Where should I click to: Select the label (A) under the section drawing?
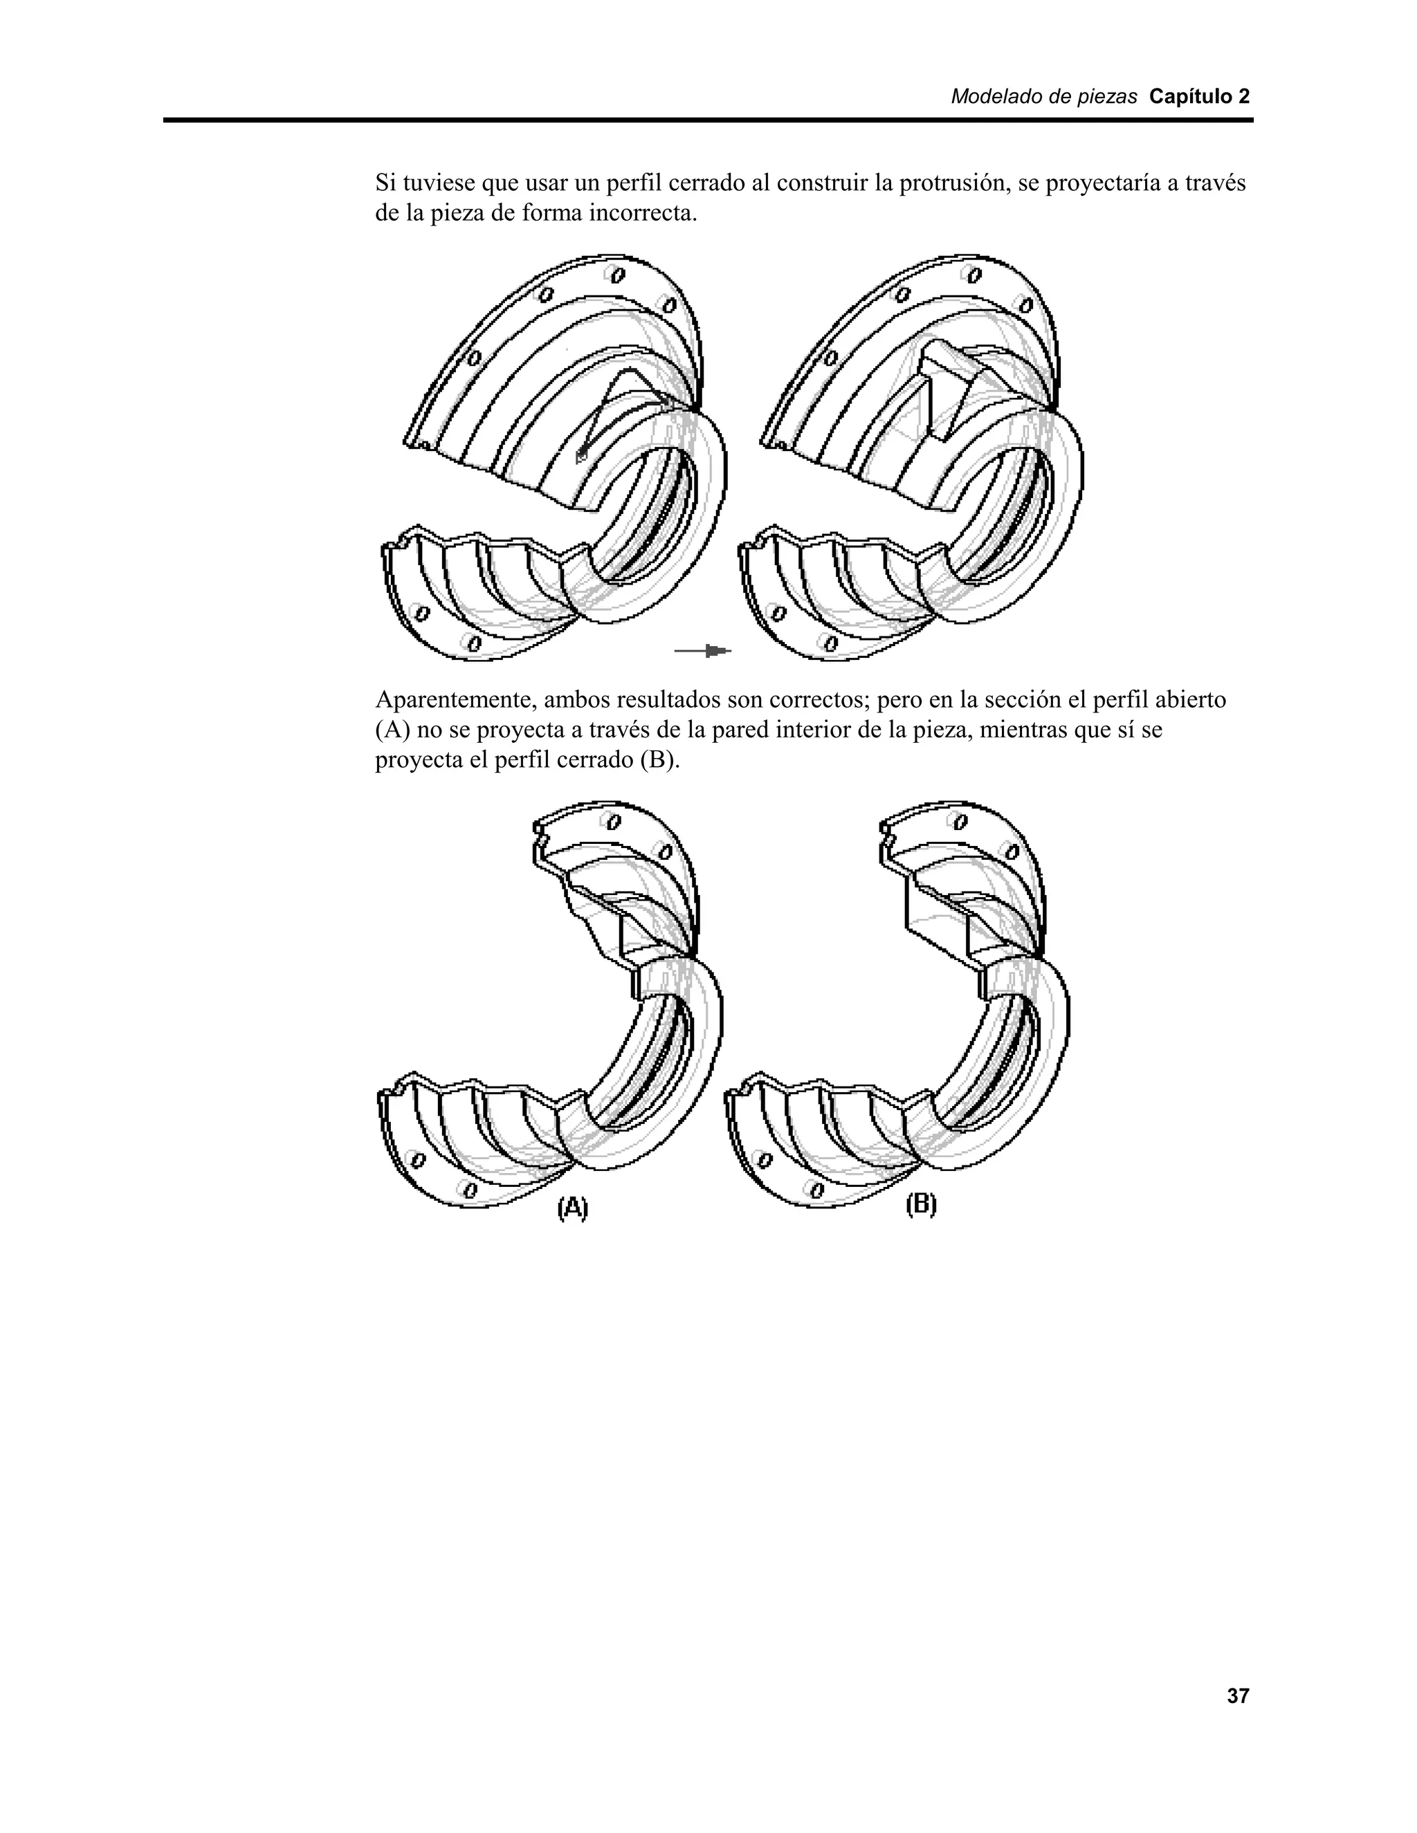[x=572, y=1208]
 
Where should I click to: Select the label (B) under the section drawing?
[x=921, y=1205]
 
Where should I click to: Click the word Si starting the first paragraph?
[x=385, y=183]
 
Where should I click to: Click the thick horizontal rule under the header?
[x=708, y=121]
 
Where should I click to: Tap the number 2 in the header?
[x=1243, y=97]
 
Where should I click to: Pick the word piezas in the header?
[x=1110, y=97]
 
